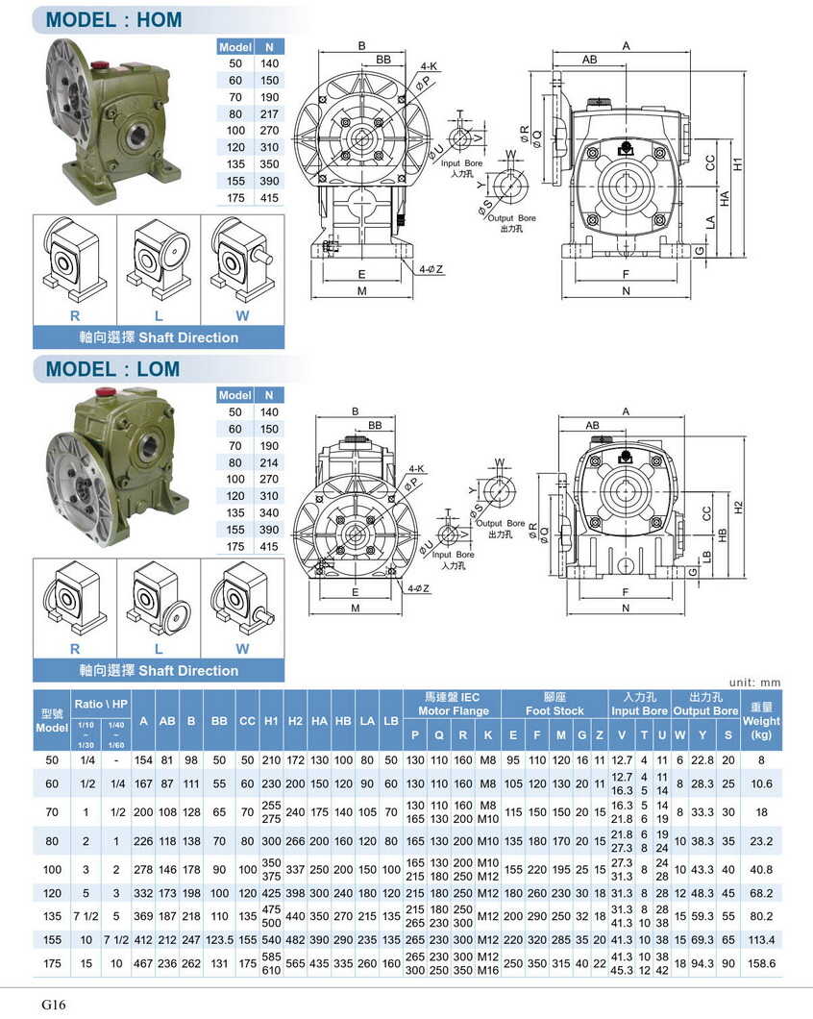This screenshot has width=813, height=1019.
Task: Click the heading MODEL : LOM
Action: [x=112, y=368]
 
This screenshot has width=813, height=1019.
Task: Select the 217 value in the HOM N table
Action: [x=269, y=112]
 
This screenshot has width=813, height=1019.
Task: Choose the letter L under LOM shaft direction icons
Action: [x=159, y=649]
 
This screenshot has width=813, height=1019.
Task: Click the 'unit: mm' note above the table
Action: [x=754, y=683]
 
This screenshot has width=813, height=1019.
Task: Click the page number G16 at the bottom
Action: [x=53, y=1004]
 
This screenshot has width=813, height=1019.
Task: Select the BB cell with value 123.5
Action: [x=220, y=938]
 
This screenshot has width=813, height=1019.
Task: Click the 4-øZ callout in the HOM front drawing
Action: [x=431, y=270]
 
